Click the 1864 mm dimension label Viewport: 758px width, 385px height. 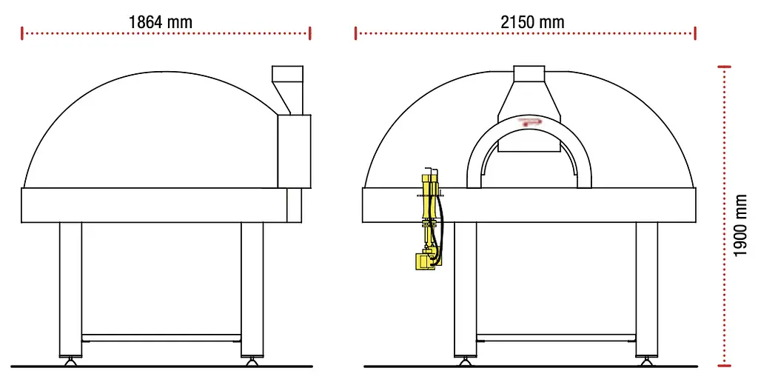(x=160, y=21)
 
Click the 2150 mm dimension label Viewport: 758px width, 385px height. (x=532, y=21)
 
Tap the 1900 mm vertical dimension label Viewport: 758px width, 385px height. (x=740, y=226)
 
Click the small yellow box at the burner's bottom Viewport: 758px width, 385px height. (x=424, y=261)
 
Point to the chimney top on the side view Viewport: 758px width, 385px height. (x=288, y=74)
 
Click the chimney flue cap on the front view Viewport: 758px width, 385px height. (x=529, y=73)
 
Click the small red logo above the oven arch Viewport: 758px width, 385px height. (x=529, y=120)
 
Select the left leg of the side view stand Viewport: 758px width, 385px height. (x=70, y=289)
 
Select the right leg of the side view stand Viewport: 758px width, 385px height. (x=252, y=289)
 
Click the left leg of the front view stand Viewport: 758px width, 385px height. (x=465, y=289)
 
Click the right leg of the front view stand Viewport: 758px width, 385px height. (x=646, y=289)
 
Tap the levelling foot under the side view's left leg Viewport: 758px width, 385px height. (x=70, y=361)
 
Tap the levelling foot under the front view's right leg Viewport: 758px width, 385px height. (x=646, y=361)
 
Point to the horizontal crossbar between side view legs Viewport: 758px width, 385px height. (x=161, y=338)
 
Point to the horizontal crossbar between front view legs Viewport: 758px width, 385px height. (x=555, y=338)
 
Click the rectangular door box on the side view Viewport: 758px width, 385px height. (x=294, y=151)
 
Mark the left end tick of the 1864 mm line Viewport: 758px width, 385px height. (x=23, y=33)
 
